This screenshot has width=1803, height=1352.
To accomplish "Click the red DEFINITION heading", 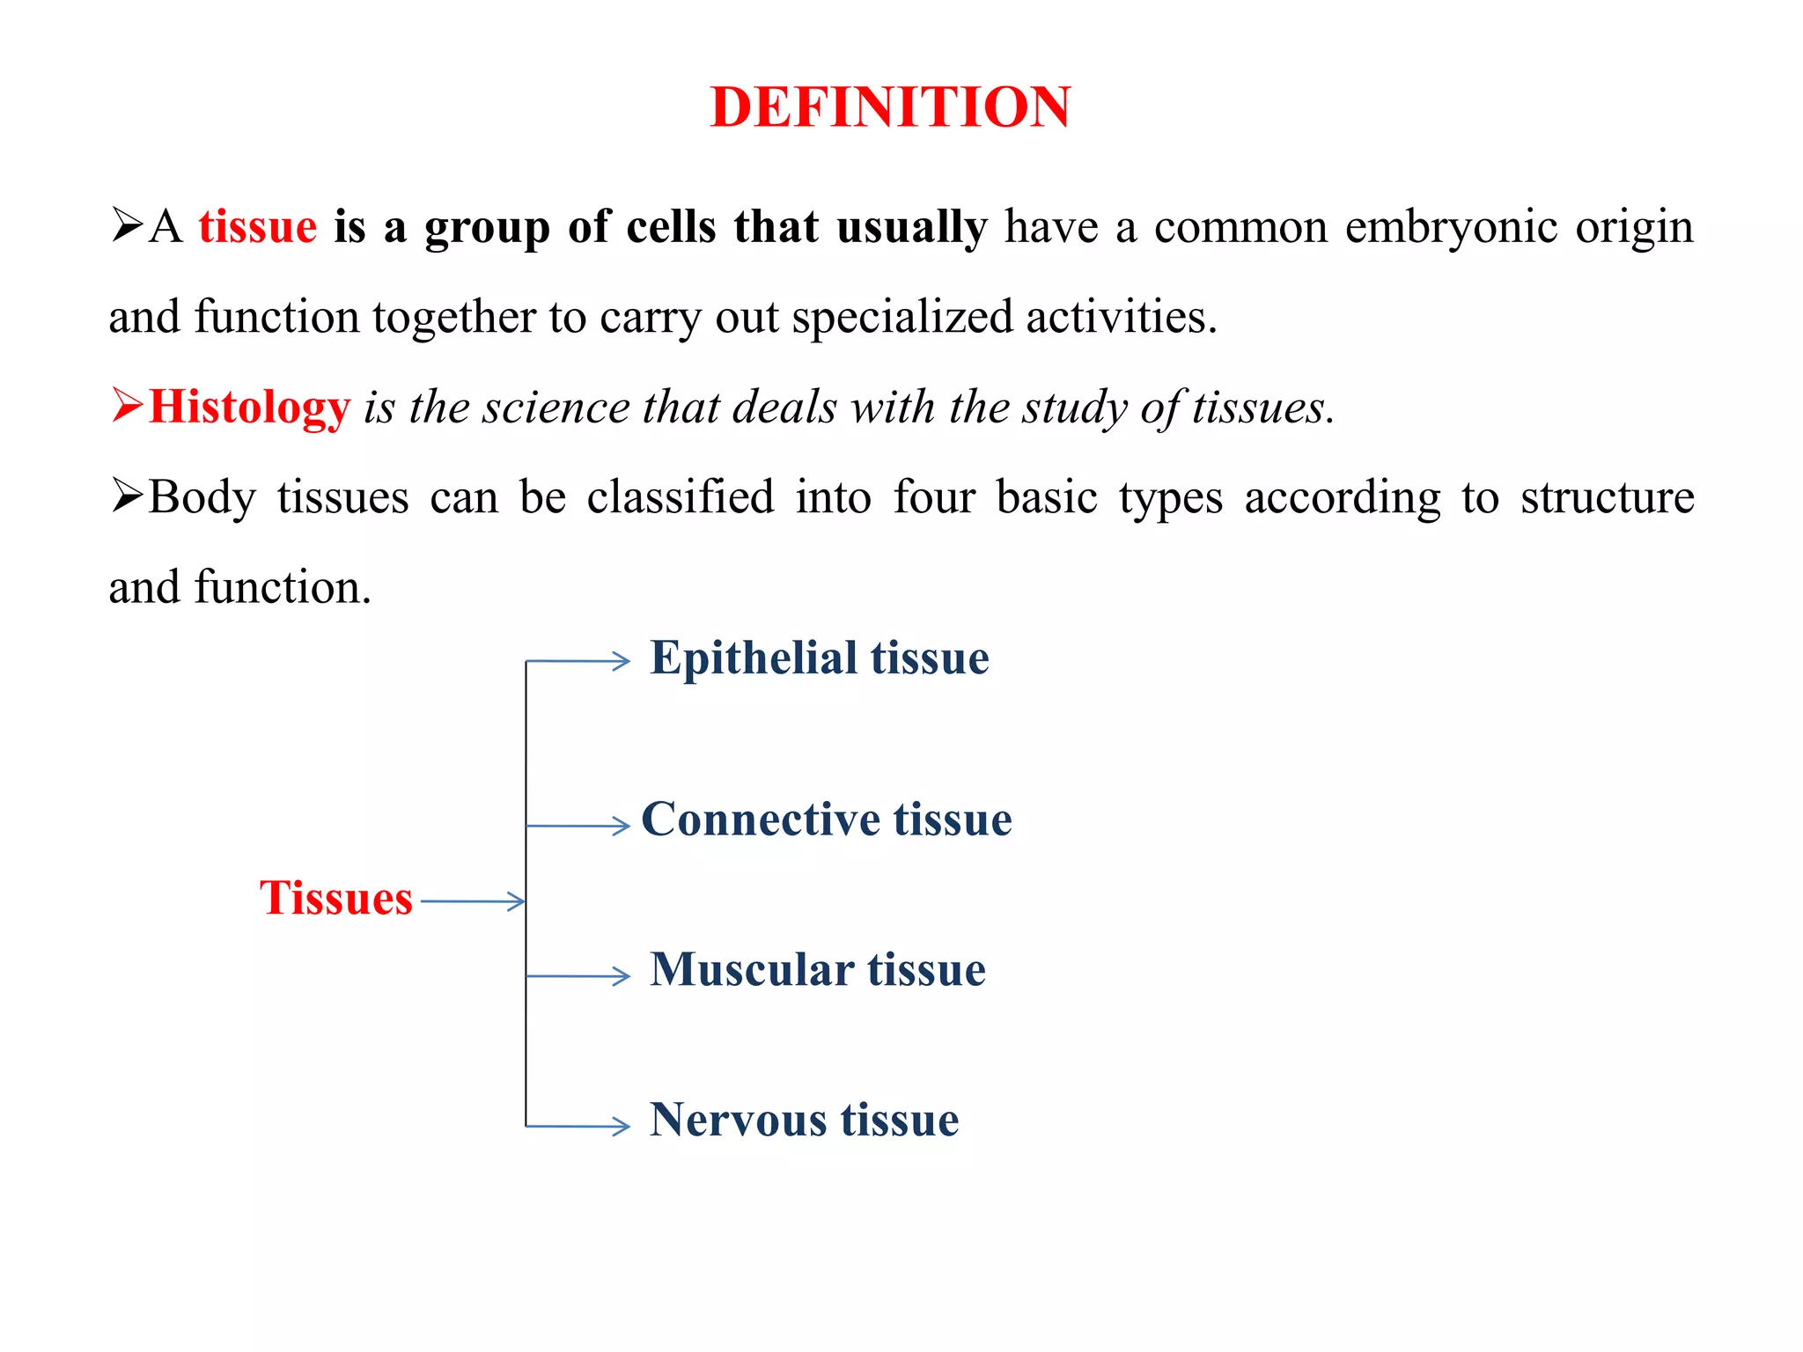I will (x=890, y=107).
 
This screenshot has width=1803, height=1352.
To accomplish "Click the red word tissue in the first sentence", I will (x=257, y=226).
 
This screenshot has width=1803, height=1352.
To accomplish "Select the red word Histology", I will (x=250, y=408).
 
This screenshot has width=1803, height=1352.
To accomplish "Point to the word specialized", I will (x=902, y=317).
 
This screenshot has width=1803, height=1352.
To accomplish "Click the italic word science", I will (x=556, y=408).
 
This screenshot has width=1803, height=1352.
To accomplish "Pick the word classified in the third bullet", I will (x=681, y=497).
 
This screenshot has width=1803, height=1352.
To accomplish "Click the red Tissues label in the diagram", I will (x=336, y=898).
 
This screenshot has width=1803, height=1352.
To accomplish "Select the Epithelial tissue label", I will (x=820, y=658).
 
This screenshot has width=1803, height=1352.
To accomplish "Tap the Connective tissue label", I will (x=827, y=819).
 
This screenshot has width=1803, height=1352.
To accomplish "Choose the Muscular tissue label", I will (x=818, y=970).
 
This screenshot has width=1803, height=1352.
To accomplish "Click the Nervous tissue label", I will (x=804, y=1120).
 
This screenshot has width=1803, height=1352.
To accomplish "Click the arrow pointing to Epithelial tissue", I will (x=578, y=661).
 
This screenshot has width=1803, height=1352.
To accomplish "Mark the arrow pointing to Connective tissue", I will (x=578, y=826).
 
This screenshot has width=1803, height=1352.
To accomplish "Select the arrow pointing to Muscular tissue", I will (x=578, y=976).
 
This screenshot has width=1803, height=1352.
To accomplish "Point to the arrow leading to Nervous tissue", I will (x=578, y=1126).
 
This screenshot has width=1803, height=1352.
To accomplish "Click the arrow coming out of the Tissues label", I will (x=473, y=901).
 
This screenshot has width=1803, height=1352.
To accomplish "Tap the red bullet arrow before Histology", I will (x=127, y=406).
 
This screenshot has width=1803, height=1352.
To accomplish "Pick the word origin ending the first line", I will (x=1634, y=228).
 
